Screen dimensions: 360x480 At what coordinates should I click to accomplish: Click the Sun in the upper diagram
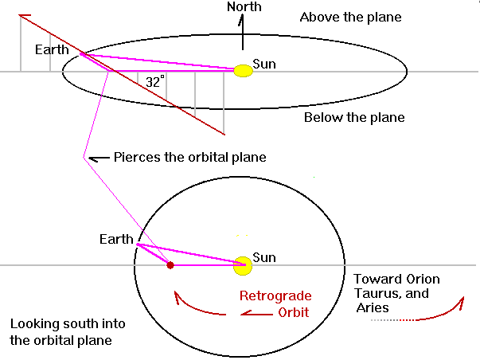point(243,71)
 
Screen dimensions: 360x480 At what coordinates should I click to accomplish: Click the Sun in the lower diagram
point(242,266)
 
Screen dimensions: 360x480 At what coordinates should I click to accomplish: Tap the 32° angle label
point(155,81)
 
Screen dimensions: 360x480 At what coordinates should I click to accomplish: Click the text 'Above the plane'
point(350,18)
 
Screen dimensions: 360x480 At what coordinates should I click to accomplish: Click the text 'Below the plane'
point(354,118)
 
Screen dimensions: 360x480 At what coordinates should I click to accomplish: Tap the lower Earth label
point(116,239)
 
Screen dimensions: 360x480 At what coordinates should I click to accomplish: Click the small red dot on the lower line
point(170,265)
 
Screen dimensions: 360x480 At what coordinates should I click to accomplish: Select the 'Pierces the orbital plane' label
point(189,158)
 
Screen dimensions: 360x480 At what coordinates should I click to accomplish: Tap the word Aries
point(372,307)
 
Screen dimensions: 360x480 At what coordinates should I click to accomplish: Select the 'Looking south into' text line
point(60,325)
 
